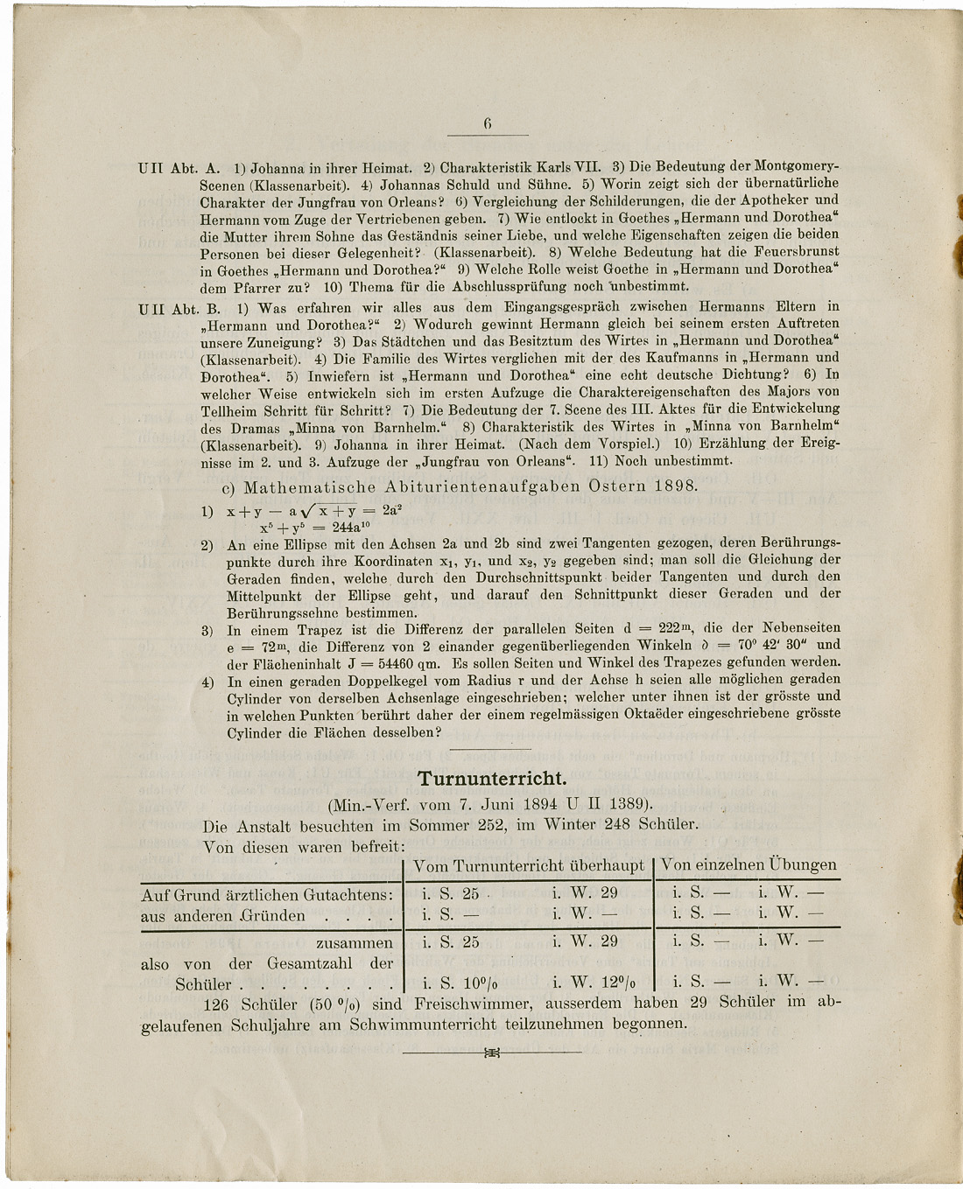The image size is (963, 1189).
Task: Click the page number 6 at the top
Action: point(488,124)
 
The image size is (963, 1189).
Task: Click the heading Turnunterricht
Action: point(492,778)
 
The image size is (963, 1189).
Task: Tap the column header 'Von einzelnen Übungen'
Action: point(749,864)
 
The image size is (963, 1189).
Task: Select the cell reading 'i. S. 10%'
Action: point(452,982)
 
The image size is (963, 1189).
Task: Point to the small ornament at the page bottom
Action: point(491,1053)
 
